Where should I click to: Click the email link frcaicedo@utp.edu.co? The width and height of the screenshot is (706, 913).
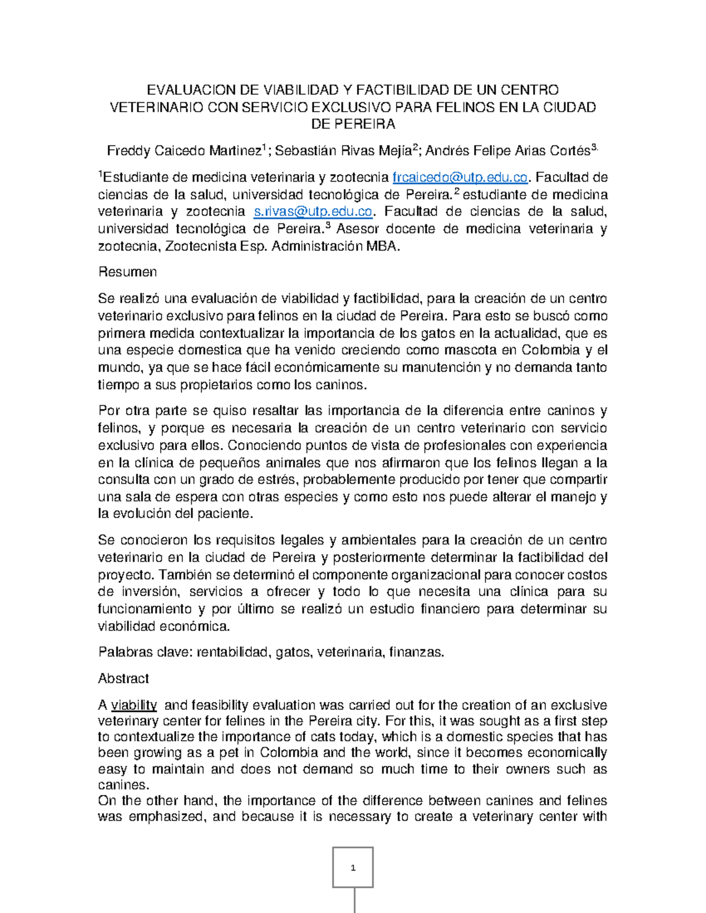(x=459, y=178)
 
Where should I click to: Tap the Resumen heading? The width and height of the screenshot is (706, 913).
(x=127, y=272)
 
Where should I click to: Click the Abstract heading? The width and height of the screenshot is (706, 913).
(x=123, y=678)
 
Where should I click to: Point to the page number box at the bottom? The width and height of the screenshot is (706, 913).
(x=353, y=868)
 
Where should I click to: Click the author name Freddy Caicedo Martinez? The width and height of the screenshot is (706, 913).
(x=184, y=151)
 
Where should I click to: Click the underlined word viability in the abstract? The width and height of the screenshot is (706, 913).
(x=134, y=705)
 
